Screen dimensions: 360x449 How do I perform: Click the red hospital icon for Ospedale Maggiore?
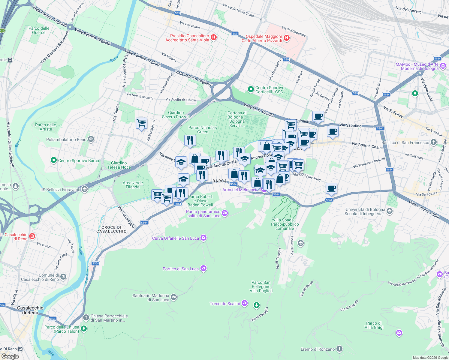286,38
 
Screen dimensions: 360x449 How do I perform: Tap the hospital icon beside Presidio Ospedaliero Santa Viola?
214,37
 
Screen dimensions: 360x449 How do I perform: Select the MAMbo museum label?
417,66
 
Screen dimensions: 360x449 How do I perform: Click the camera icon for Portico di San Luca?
203,268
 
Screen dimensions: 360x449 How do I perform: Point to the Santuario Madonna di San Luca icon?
174,297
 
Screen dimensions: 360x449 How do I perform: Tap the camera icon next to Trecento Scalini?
245,303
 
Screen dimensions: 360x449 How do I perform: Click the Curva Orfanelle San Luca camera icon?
203,238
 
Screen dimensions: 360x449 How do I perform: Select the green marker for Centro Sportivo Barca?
54,160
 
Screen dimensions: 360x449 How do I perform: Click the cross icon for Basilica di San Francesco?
433,142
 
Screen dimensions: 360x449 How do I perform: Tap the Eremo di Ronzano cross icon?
339,349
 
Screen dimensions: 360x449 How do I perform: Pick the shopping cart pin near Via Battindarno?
141,123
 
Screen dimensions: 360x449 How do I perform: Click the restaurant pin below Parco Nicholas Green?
190,140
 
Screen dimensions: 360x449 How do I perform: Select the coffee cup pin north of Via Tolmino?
318,116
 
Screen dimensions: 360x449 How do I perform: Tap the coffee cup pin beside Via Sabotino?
332,131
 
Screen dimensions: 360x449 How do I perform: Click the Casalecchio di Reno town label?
30,310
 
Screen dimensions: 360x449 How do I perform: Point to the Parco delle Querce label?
39,30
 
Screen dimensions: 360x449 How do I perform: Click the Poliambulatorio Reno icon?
91,139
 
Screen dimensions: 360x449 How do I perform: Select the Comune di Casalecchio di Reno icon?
63,277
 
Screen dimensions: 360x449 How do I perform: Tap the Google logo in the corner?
10,356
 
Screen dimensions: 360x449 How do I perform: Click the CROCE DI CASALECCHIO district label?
111,229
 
